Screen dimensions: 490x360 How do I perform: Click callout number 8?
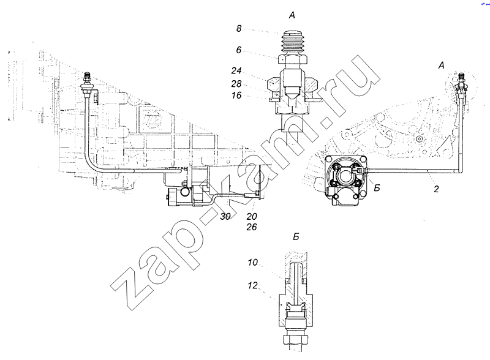[239, 29]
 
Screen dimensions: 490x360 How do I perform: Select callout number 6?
[239, 50]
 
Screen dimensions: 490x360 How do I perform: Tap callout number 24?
[236, 71]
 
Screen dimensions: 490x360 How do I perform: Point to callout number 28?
[236, 84]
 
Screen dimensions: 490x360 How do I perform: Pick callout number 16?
[236, 96]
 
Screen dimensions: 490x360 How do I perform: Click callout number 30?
[225, 216]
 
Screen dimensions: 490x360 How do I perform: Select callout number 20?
[252, 216]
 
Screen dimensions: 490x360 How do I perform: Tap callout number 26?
[252, 227]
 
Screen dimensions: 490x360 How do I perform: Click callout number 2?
[436, 189]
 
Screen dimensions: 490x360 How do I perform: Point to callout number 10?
[253, 262]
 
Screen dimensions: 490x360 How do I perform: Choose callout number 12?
[253, 285]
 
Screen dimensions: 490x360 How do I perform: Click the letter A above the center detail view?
[292, 15]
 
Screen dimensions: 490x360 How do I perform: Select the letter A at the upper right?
[441, 66]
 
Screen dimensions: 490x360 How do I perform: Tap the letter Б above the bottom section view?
[296, 237]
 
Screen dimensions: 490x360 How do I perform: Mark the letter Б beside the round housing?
[377, 188]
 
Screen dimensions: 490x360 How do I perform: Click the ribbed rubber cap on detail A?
[293, 42]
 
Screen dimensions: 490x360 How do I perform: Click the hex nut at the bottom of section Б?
[296, 339]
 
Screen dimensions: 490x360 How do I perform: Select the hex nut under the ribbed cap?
[293, 59]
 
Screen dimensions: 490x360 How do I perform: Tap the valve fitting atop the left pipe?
[86, 83]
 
